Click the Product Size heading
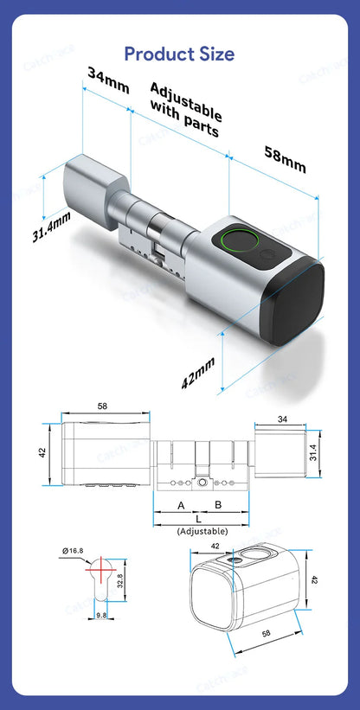click(179, 54)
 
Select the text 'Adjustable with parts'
click(184, 110)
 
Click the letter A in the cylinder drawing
click(181, 504)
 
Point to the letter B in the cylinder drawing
click(218, 504)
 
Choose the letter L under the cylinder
click(200, 518)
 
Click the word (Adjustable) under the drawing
click(202, 531)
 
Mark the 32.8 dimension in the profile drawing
click(119, 581)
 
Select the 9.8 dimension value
click(101, 616)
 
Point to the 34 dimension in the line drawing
click(281, 419)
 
